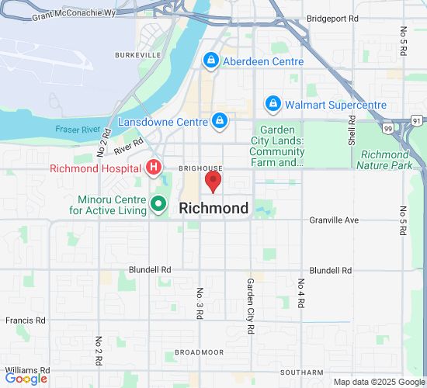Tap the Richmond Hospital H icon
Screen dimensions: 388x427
tap(154, 168)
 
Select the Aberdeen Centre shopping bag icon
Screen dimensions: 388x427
tap(210, 61)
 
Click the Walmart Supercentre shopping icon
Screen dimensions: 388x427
tap(273, 103)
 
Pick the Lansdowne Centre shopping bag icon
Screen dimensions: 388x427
tap(220, 121)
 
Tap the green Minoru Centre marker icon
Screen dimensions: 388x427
tap(158, 204)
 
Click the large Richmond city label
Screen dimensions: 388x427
tap(213, 208)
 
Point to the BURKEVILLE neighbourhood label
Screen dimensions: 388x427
tap(137, 55)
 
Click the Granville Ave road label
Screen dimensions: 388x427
tap(334, 220)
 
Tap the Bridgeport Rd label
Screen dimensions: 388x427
tap(332, 17)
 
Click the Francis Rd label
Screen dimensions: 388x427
tap(25, 320)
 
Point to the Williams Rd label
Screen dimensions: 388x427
tap(26, 370)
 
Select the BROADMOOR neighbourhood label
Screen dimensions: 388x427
tap(199, 352)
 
